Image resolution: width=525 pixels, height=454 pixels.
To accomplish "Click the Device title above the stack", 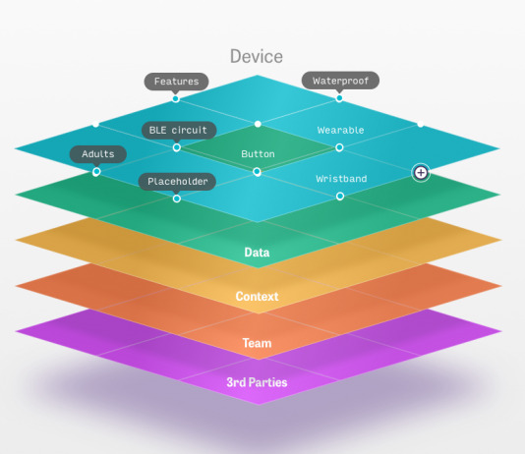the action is [x=257, y=56].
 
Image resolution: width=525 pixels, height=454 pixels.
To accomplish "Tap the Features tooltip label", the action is [x=176, y=82].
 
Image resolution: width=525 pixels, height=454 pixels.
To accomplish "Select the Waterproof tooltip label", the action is [x=340, y=81].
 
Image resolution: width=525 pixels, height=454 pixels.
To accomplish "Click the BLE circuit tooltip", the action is [x=179, y=130].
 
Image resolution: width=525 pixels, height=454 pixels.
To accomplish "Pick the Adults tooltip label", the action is [x=98, y=154].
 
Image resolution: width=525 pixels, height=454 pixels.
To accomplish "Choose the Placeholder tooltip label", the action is [x=177, y=182].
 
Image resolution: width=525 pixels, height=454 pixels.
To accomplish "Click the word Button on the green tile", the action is [x=258, y=154].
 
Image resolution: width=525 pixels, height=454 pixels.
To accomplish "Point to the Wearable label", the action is [x=340, y=130].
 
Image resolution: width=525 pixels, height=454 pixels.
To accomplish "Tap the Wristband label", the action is [x=341, y=179].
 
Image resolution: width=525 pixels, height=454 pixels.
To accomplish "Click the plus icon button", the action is [x=421, y=173].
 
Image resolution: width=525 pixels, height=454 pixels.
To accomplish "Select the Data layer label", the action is [x=257, y=253].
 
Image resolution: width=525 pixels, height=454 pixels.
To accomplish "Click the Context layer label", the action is [x=257, y=296].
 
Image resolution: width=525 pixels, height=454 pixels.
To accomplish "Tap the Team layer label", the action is [x=257, y=343].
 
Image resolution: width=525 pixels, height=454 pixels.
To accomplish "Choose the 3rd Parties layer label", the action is [x=257, y=382].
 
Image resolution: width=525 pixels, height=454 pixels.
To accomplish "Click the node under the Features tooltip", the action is [x=175, y=98].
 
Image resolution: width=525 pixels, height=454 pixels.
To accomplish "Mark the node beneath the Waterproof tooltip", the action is [x=339, y=98].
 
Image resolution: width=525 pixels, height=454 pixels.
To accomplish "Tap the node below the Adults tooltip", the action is [x=96, y=172].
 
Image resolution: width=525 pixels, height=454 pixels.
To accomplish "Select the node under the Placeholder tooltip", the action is [x=177, y=199].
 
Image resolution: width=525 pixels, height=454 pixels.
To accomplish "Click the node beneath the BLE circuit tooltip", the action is [x=177, y=147].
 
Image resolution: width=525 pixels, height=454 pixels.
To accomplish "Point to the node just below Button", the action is [x=257, y=172].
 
